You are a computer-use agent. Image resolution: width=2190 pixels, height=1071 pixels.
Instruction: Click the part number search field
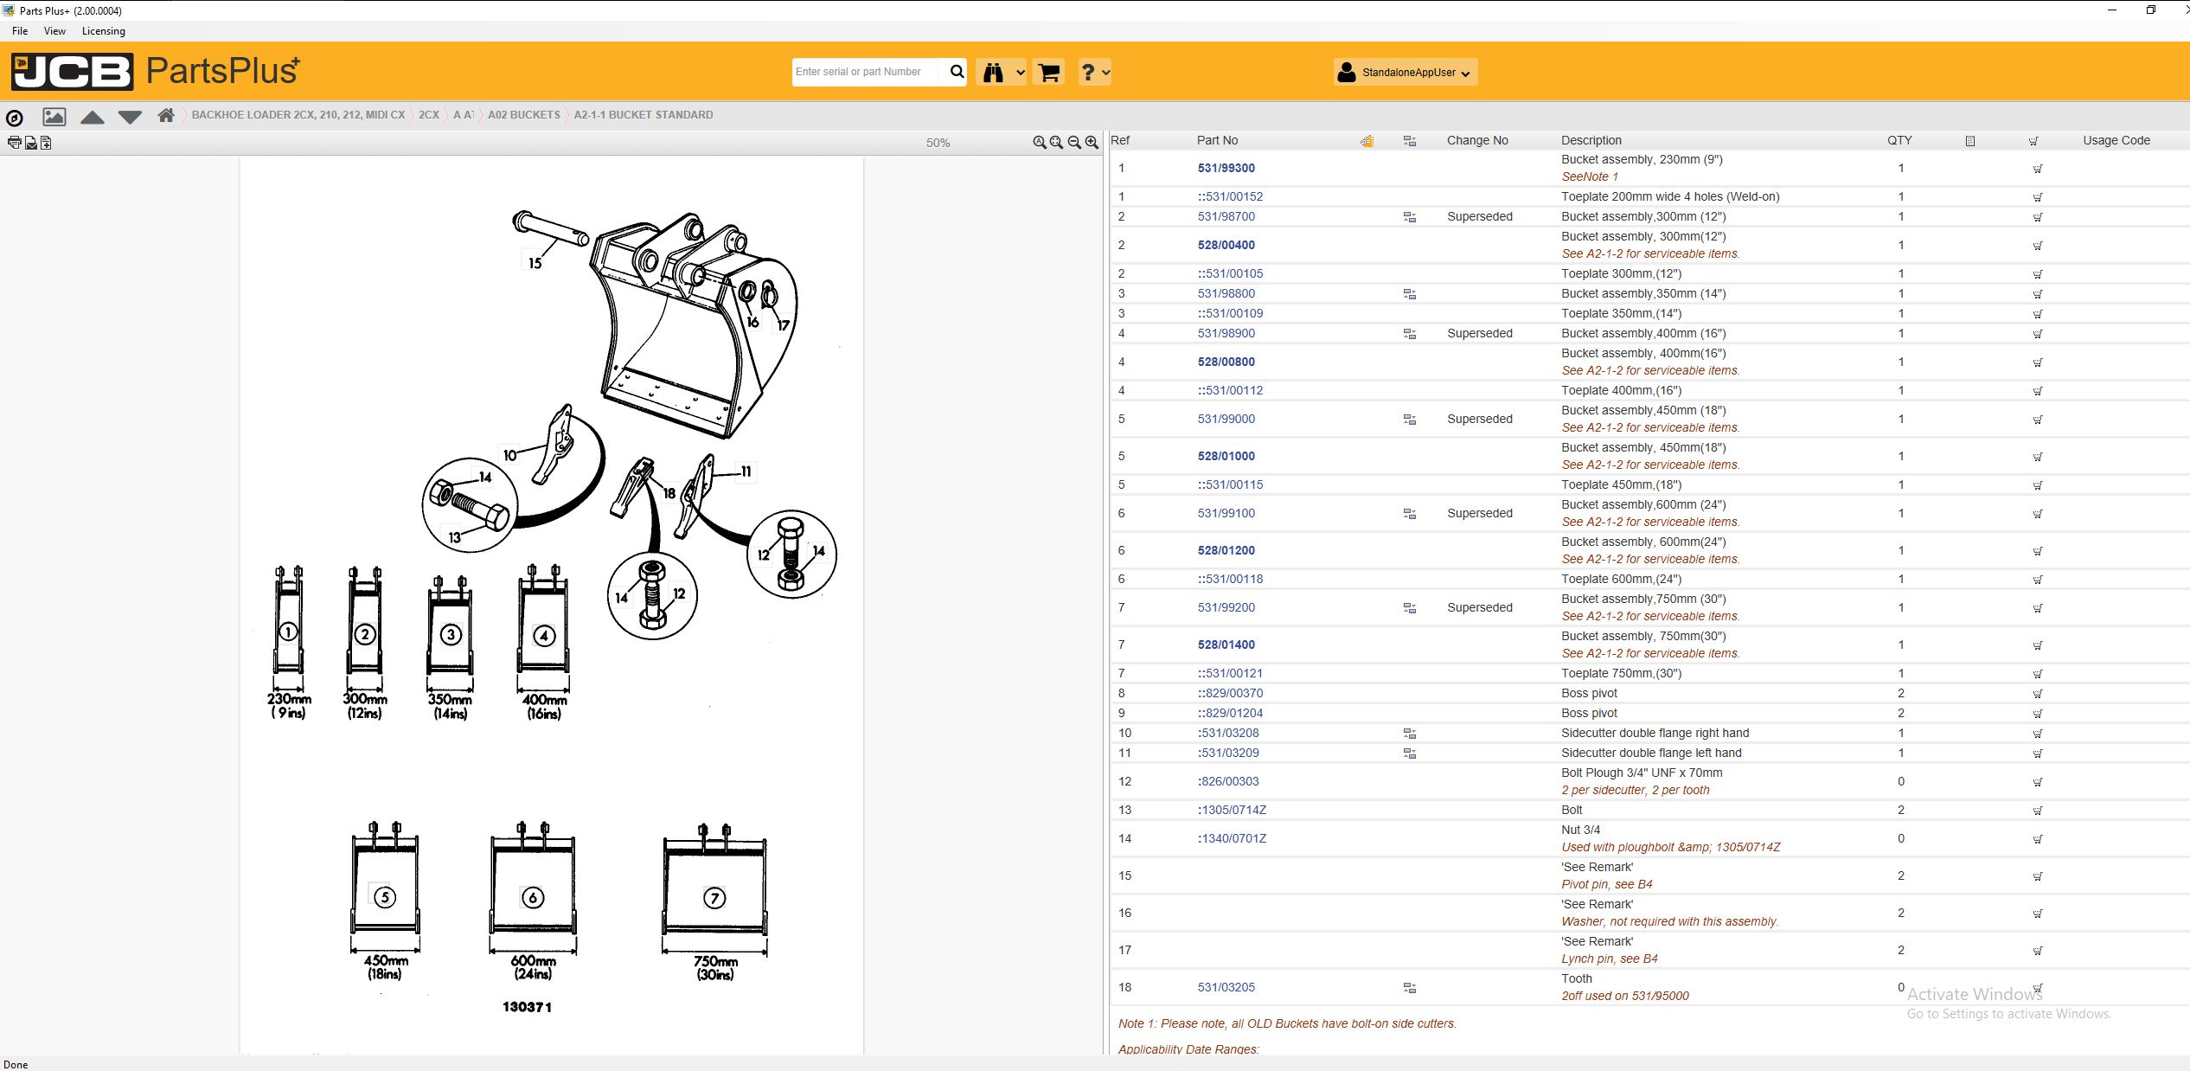click(x=865, y=72)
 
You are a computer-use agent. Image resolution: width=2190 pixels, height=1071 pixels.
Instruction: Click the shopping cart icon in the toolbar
click(x=1048, y=73)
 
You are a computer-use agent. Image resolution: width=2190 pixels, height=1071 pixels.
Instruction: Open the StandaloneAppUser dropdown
click(x=1405, y=73)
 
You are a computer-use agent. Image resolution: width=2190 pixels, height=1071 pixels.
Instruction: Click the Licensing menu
click(x=103, y=31)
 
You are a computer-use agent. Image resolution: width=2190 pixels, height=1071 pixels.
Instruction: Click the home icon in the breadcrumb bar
click(x=166, y=115)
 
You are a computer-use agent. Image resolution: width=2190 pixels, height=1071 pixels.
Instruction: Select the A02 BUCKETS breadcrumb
click(x=523, y=115)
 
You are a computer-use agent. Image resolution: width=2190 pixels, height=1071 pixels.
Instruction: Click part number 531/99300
click(x=1226, y=168)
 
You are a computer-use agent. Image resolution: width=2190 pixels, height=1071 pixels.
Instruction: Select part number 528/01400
click(x=1226, y=645)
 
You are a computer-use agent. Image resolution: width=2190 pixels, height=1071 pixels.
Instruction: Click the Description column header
click(x=1591, y=140)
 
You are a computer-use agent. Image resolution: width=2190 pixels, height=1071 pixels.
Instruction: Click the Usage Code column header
click(x=2116, y=140)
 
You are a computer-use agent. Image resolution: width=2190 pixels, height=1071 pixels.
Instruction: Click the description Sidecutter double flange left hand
click(x=1651, y=753)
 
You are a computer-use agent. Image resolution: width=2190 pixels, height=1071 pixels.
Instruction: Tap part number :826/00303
click(x=1228, y=781)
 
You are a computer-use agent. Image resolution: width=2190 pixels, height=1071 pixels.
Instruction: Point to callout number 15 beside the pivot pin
click(x=535, y=263)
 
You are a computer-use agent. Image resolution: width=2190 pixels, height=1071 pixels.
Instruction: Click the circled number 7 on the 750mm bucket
click(x=714, y=898)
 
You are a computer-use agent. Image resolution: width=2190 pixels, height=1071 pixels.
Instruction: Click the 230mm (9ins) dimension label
click(x=289, y=705)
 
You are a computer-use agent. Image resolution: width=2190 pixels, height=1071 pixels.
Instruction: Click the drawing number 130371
click(x=527, y=1007)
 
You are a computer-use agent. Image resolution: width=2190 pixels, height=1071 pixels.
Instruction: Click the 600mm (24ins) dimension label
click(x=533, y=966)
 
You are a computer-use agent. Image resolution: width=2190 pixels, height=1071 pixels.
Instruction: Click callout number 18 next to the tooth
click(x=669, y=493)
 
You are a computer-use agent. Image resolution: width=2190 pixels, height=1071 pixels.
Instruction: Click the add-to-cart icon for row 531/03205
click(x=2037, y=988)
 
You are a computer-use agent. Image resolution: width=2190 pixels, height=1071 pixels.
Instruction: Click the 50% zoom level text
click(x=938, y=143)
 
